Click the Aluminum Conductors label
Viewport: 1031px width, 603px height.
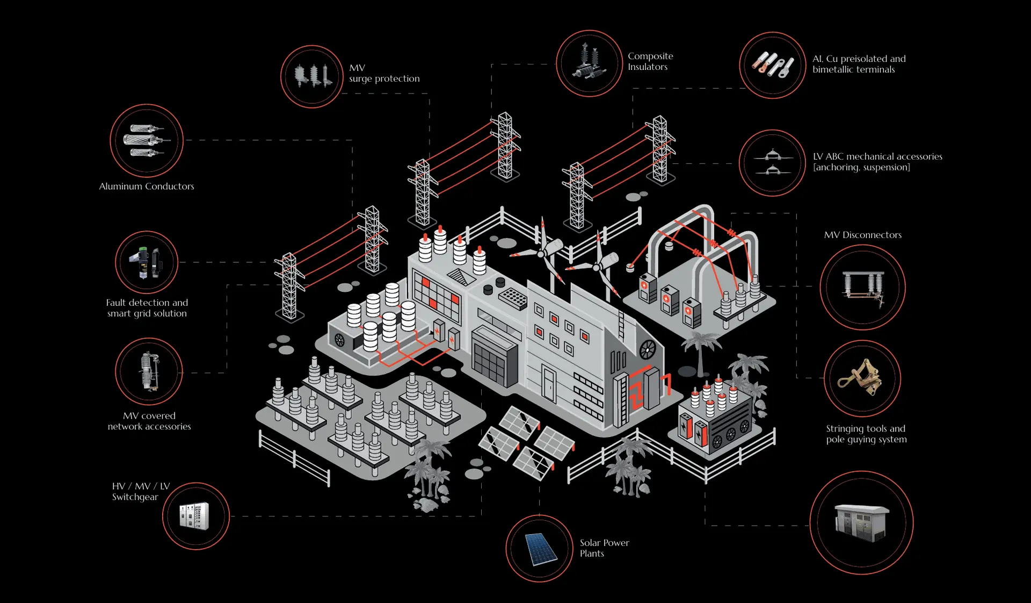(x=146, y=186)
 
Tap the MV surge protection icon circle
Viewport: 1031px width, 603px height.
(x=311, y=76)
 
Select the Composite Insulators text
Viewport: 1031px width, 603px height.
(x=650, y=61)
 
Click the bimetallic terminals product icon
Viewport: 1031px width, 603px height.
(x=772, y=65)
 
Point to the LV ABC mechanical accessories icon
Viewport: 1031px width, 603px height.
(x=772, y=163)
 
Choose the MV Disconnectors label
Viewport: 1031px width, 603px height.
(x=862, y=235)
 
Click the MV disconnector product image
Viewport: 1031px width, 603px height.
(x=862, y=288)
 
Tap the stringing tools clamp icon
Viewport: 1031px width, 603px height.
(x=861, y=378)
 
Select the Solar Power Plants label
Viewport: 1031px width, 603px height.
(x=604, y=548)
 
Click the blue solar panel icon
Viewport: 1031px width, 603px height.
(x=539, y=548)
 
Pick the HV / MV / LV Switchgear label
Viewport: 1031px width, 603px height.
(x=141, y=491)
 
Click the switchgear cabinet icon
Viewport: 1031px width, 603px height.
(x=195, y=516)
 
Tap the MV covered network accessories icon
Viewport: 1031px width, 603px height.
(x=149, y=371)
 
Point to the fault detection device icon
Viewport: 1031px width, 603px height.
(x=146, y=262)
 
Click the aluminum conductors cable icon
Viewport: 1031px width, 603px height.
(x=146, y=141)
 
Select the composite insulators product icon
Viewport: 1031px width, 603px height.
(x=589, y=63)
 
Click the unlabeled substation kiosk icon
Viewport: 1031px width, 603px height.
(x=861, y=522)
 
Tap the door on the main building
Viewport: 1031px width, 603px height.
(x=548, y=383)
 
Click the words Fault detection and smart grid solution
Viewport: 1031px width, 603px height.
(x=147, y=308)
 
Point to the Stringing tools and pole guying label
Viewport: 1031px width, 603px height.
(x=866, y=434)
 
